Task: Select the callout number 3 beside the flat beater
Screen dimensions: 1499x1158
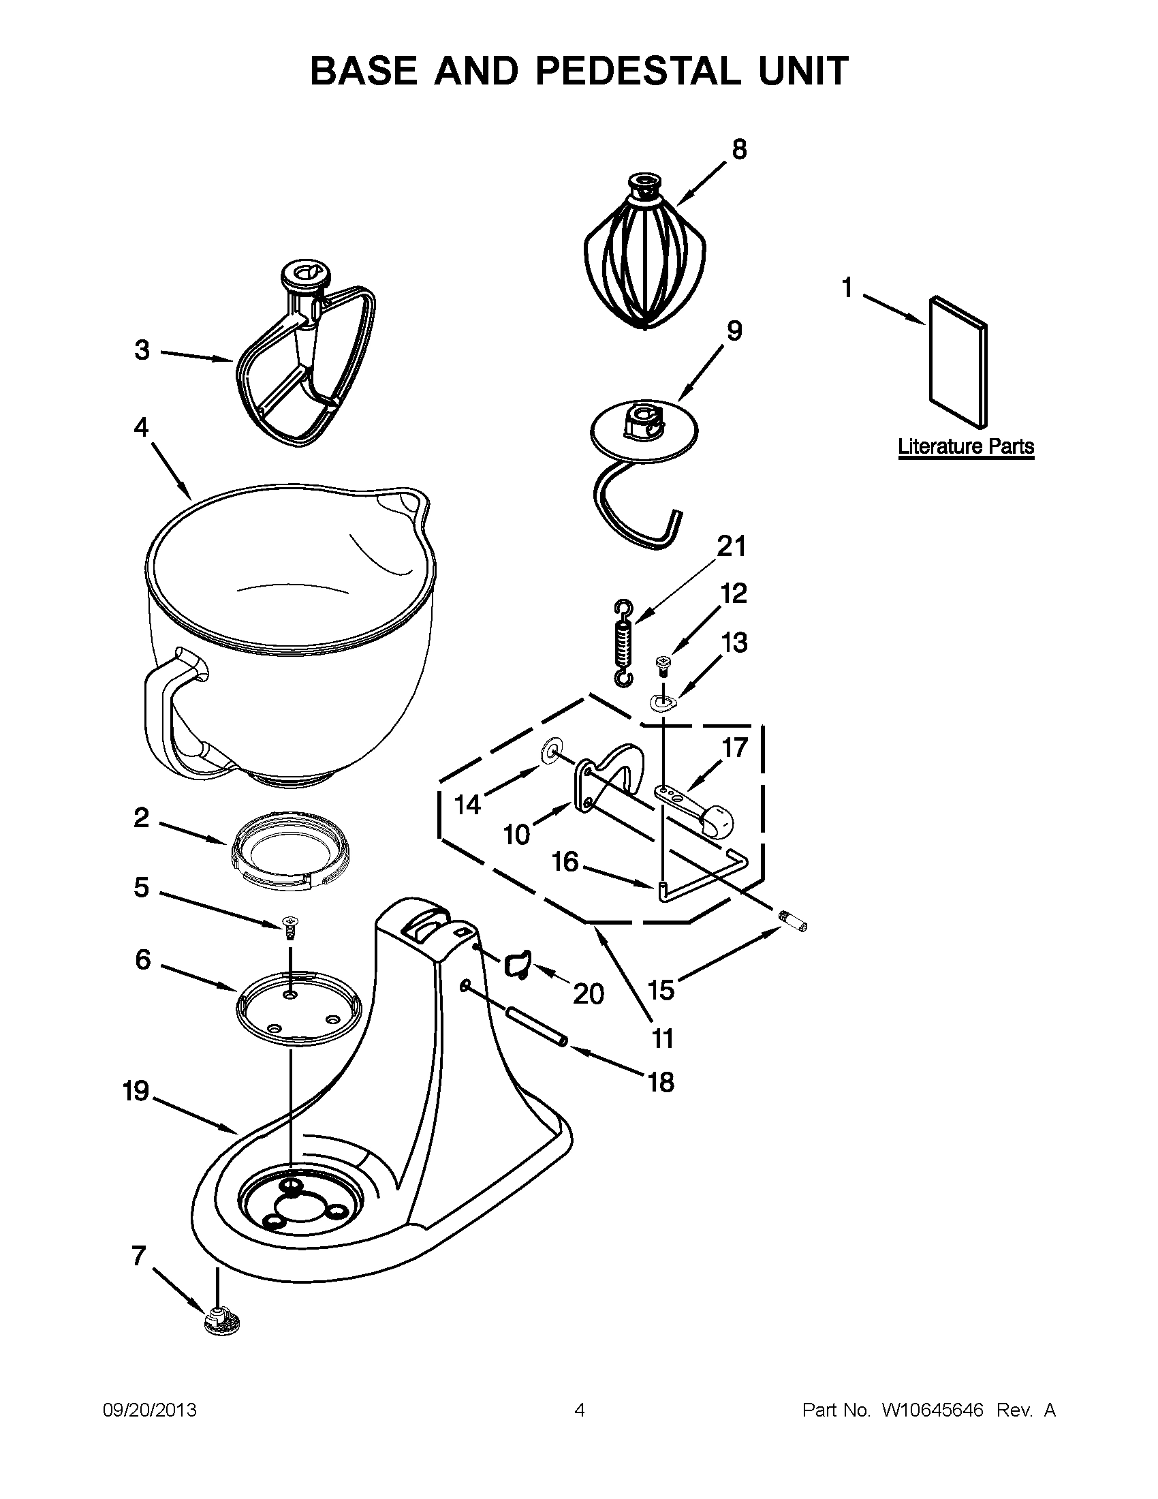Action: pos(141,350)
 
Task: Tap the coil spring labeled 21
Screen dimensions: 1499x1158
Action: pos(623,642)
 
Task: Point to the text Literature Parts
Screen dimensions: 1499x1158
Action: pos(966,447)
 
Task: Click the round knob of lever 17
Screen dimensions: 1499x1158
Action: pos(717,820)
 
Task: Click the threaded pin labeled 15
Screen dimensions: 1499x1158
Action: pos(793,921)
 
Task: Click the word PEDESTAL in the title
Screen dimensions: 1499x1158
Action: pos(638,71)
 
